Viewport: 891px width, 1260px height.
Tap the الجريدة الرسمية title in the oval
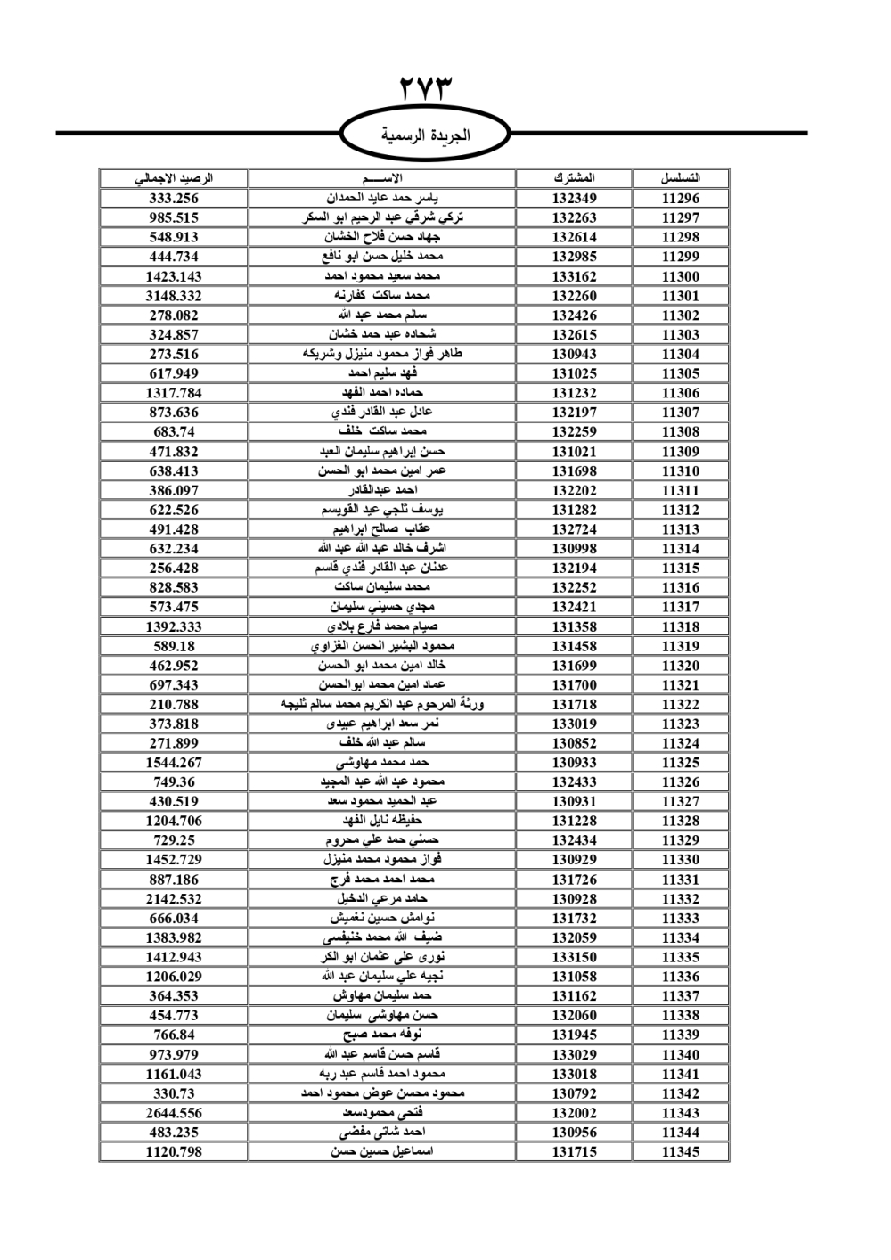[x=426, y=135]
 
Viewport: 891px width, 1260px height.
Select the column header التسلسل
[x=681, y=178]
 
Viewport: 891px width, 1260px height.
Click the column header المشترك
[x=574, y=178]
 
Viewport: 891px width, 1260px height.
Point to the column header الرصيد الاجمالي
[x=174, y=178]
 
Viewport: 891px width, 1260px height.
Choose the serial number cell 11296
[x=681, y=199]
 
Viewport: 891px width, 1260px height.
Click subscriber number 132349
[x=574, y=199]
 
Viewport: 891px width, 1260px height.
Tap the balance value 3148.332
[x=174, y=296]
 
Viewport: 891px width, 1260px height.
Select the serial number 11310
[x=681, y=470]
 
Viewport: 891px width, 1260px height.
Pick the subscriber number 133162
[x=574, y=276]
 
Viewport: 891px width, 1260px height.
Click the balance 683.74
[x=174, y=432]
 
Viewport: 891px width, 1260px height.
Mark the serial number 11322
[x=681, y=704]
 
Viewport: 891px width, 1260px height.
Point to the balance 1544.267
[x=174, y=763]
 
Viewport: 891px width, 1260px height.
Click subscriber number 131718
[x=574, y=704]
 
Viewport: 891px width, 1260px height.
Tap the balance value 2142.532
[x=174, y=899]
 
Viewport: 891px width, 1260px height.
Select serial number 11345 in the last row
[x=681, y=1152]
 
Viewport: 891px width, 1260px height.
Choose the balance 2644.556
[x=174, y=1113]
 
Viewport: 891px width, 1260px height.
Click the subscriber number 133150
[x=574, y=957]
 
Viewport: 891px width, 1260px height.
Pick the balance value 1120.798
[x=174, y=1152]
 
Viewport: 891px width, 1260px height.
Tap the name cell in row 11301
[x=382, y=296]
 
